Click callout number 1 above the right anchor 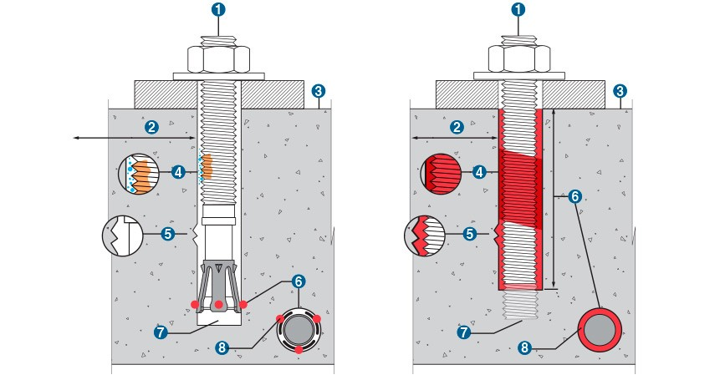click(x=519, y=11)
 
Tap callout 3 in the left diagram click(x=318, y=90)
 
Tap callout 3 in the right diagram click(x=620, y=90)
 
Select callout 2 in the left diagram click(x=151, y=127)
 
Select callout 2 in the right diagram click(x=457, y=127)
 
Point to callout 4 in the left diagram click(x=177, y=173)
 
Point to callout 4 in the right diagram click(x=478, y=173)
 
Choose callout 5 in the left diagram click(x=167, y=234)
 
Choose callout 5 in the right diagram click(x=470, y=234)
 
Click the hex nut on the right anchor click(x=519, y=58)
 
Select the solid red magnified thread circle click(x=438, y=174)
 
